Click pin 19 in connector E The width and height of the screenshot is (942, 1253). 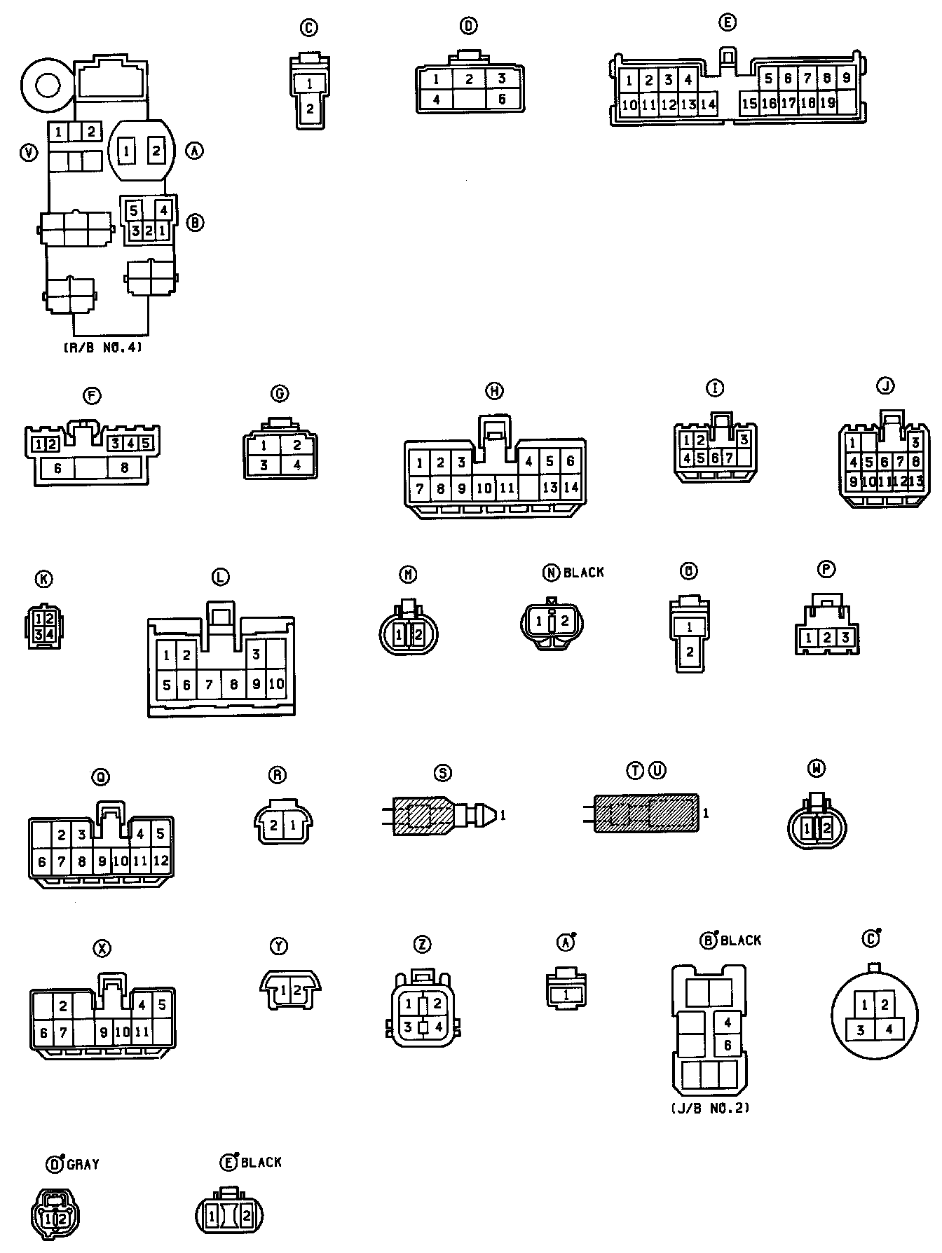[x=827, y=103]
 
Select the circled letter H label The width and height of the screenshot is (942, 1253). [x=495, y=391]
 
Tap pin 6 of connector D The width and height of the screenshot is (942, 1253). [x=502, y=100]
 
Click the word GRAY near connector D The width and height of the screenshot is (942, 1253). [x=83, y=1165]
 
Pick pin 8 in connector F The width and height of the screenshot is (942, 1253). [x=125, y=467]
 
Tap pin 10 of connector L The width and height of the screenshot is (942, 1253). [x=276, y=683]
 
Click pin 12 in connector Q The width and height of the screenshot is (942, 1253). [x=161, y=861]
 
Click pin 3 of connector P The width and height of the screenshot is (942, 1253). [x=846, y=638]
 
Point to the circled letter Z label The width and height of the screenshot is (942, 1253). [x=422, y=945]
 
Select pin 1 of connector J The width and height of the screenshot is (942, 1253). [x=852, y=443]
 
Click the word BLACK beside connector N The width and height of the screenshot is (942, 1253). [x=584, y=573]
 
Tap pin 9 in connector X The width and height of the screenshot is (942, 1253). [x=103, y=1032]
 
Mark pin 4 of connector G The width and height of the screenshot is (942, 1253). [x=297, y=465]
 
